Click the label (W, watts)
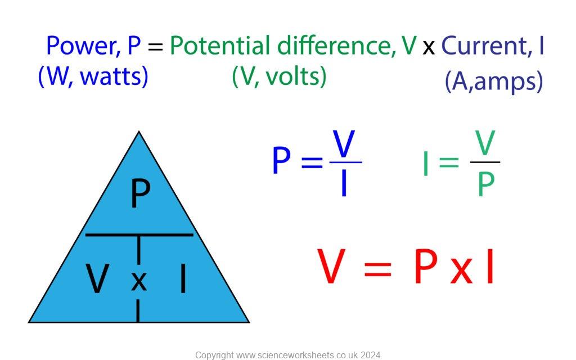(93, 76)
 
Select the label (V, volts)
(279, 76)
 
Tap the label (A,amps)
(494, 82)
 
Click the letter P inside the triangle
(140, 194)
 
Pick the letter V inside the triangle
(97, 279)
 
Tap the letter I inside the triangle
(182, 279)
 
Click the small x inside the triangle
(139, 281)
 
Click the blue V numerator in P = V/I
(344, 144)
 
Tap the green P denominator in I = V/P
(485, 184)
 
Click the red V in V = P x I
(331, 267)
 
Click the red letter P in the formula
(425, 267)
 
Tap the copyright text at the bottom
(287, 355)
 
